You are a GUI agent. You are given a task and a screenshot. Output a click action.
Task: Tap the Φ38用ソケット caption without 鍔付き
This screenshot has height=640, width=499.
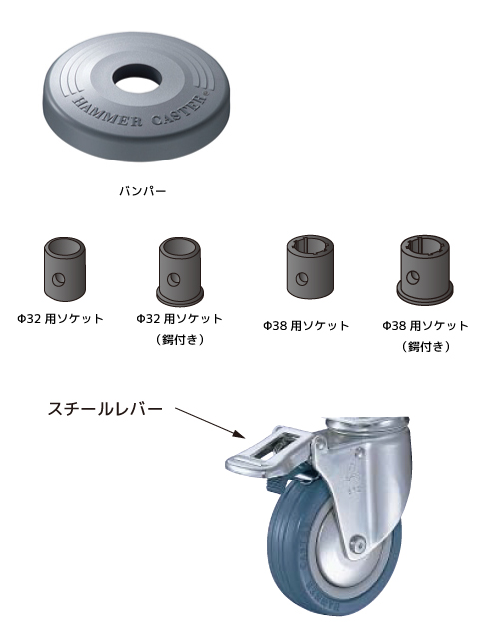pyautogui.click(x=306, y=325)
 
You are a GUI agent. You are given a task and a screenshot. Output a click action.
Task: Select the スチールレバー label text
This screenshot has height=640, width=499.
pyautogui.click(x=105, y=409)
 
